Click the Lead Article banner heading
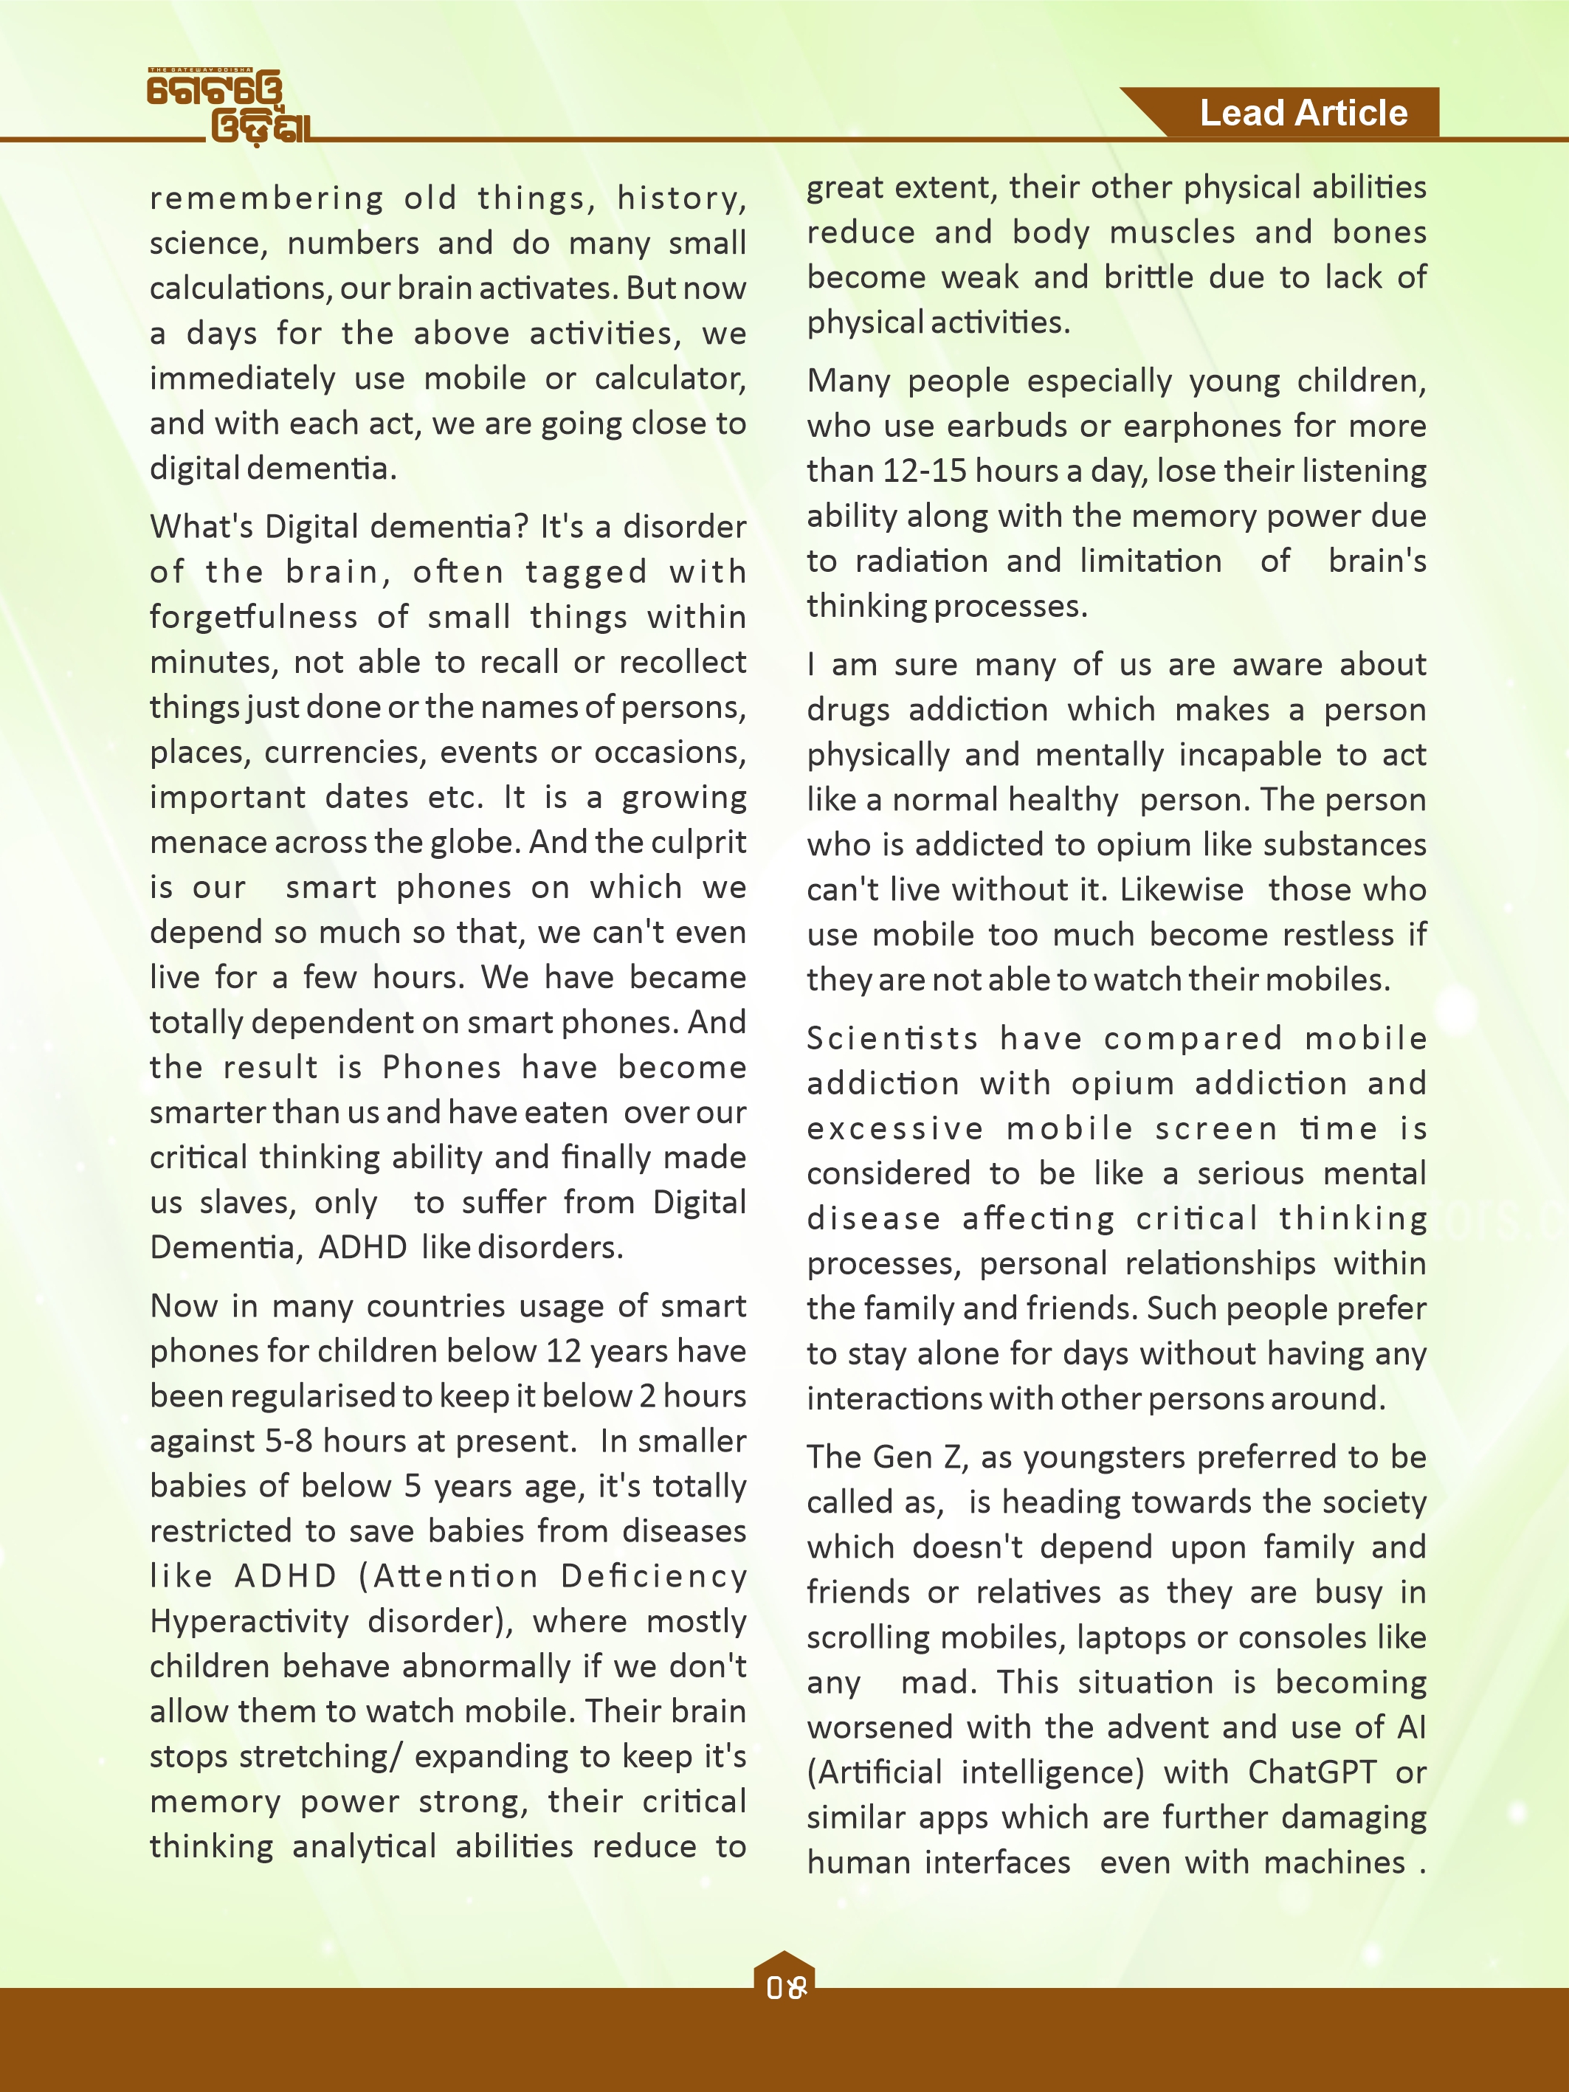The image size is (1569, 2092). coord(1303,114)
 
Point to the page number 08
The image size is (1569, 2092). coord(785,1988)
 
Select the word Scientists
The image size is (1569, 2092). coord(892,1038)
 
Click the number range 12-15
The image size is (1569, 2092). coord(923,471)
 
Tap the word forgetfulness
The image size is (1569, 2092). coord(253,617)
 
